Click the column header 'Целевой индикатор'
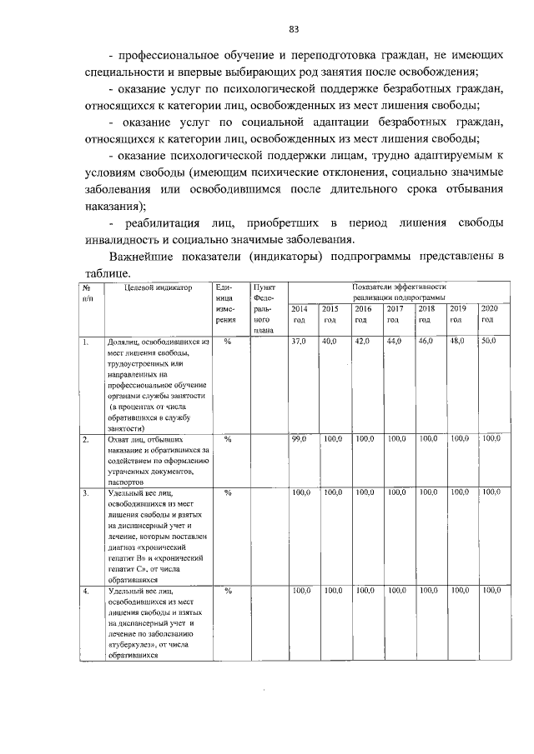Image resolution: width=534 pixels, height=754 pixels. pos(159,287)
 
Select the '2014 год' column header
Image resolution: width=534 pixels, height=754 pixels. pos(299,314)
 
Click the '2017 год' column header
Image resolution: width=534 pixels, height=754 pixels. pos(394,314)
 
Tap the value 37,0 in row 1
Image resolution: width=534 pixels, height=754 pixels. pos(299,342)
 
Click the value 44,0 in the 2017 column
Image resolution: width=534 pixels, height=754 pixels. pos(394,342)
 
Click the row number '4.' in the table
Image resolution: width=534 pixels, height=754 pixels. pos(85,591)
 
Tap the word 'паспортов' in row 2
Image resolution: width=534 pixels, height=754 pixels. pos(126,482)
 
